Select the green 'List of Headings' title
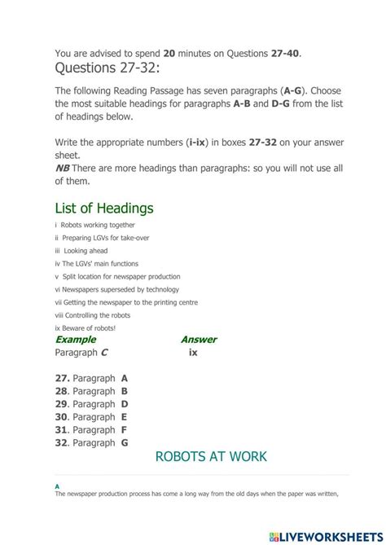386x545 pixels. pos(103,208)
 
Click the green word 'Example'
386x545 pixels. pos(75,340)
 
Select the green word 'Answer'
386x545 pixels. pos(198,340)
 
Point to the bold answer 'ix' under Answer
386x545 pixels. pos(193,353)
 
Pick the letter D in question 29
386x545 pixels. pos(125,404)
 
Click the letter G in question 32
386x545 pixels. pos(125,443)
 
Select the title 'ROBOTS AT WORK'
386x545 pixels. pos(211,456)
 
